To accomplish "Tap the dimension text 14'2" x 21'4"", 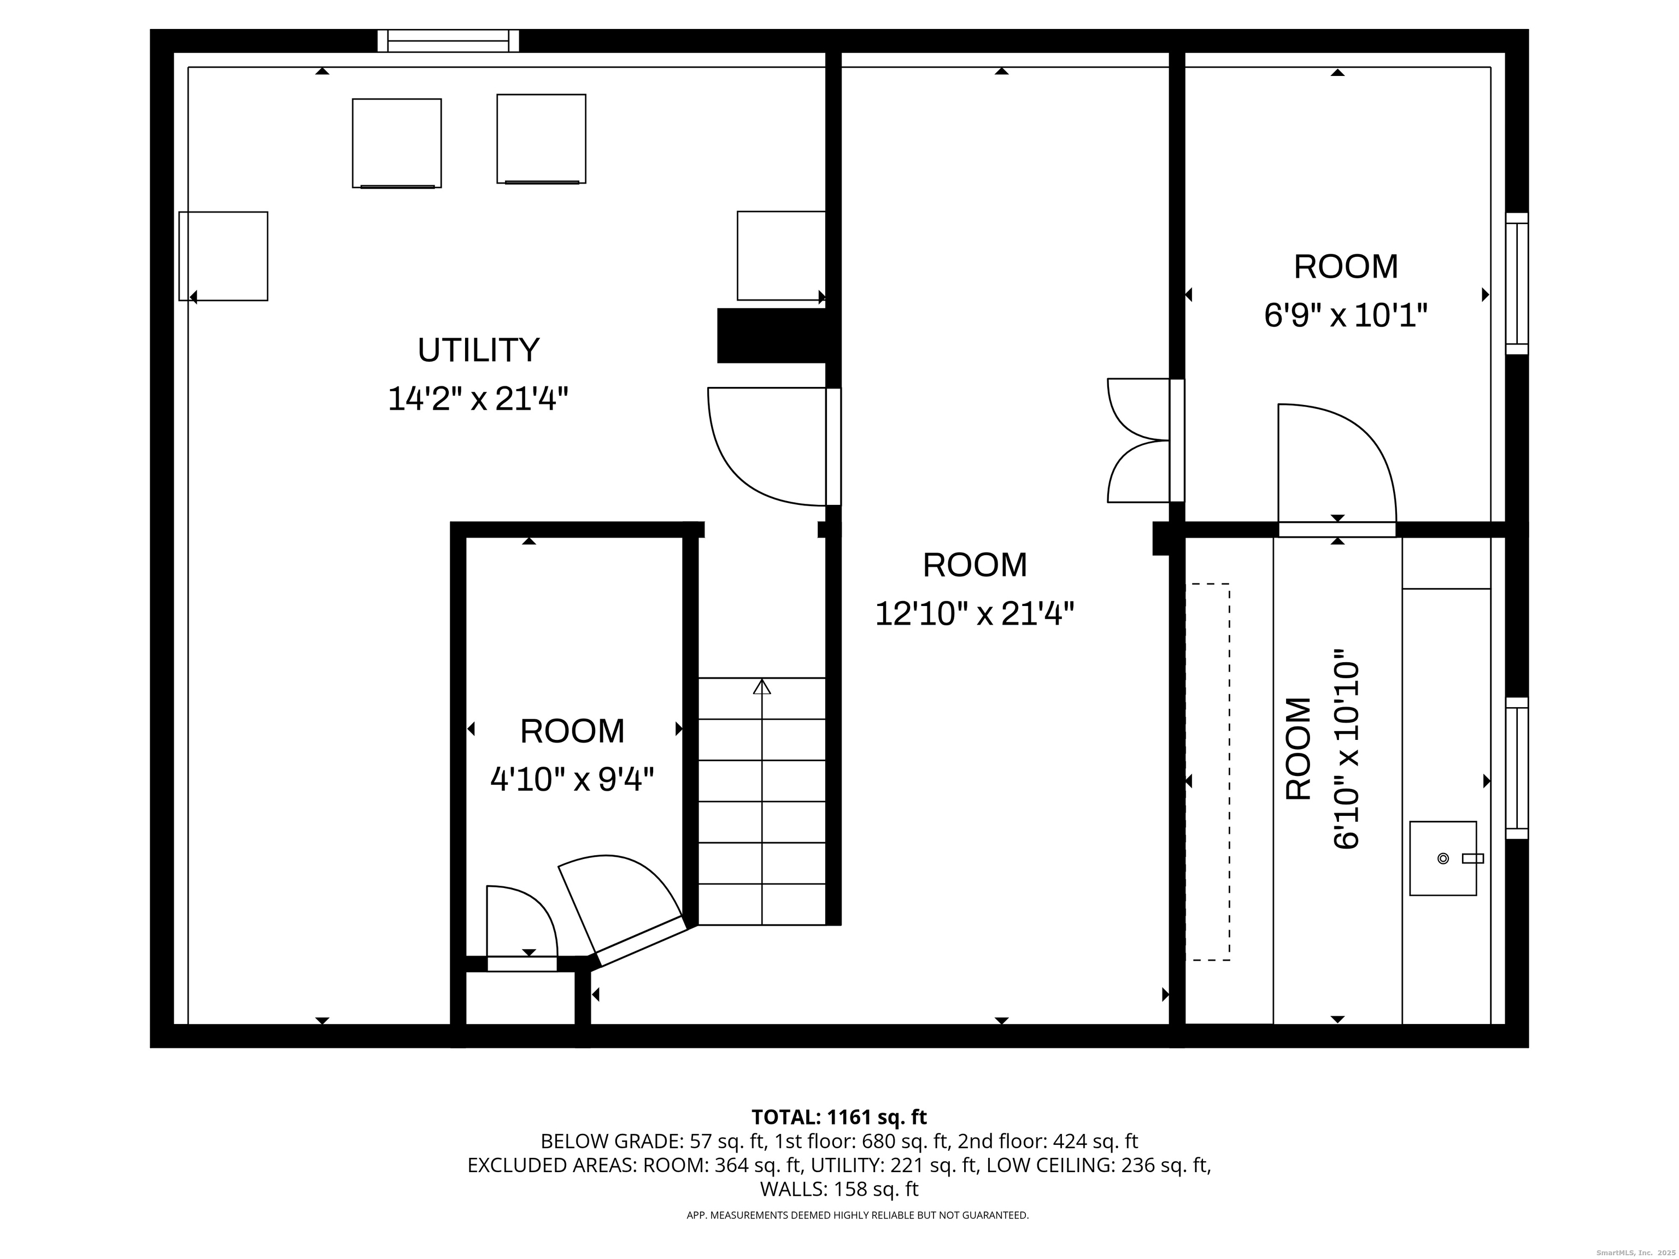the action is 478,398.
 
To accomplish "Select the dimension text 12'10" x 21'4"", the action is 974,613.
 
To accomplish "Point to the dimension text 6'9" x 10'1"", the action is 1346,315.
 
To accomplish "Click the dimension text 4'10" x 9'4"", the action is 572,779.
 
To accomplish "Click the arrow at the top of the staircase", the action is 762,687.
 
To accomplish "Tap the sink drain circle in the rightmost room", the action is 1443,858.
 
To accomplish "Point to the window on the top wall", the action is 449,41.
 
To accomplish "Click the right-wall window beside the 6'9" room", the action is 1517,283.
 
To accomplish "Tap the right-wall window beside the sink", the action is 1517,768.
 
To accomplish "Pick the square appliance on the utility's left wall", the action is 223,256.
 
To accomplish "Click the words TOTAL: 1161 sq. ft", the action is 839,1117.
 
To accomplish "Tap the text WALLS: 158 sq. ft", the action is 839,1189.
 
